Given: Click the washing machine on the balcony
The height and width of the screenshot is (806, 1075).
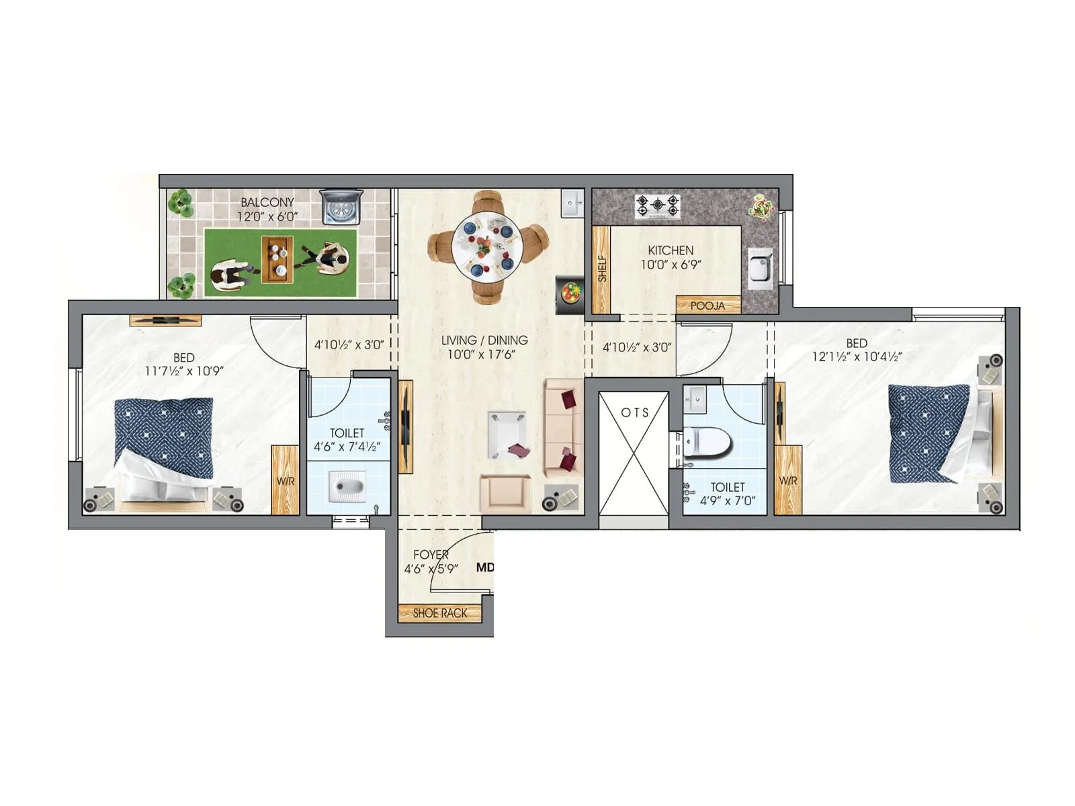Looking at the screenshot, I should pyautogui.click(x=341, y=206).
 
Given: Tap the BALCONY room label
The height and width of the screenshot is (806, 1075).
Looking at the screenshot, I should pyautogui.click(x=267, y=202).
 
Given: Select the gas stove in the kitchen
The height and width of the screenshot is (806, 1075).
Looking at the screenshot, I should pyautogui.click(x=658, y=206).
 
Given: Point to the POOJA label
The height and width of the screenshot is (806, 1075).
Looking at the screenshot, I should pyautogui.click(x=707, y=306).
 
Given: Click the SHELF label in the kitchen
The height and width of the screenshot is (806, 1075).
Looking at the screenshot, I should pyautogui.click(x=602, y=268).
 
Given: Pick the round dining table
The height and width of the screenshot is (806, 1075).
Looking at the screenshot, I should pyautogui.click(x=487, y=247).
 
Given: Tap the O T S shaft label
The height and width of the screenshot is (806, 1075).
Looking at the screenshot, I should pyautogui.click(x=634, y=412).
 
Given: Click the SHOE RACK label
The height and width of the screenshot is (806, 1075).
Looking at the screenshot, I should pyautogui.click(x=439, y=613).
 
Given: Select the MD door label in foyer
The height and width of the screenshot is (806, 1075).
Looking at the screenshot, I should pyautogui.click(x=484, y=568).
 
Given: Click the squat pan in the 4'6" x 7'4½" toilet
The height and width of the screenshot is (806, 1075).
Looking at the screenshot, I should pyautogui.click(x=347, y=486).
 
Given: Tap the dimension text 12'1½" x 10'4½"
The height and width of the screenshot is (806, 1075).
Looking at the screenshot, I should pyautogui.click(x=857, y=357).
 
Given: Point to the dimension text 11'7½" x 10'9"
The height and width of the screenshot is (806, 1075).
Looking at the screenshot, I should pyautogui.click(x=184, y=371).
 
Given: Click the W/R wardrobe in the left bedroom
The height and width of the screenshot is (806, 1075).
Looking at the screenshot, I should pyautogui.click(x=286, y=481).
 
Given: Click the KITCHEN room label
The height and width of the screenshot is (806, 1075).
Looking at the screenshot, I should pyautogui.click(x=671, y=250).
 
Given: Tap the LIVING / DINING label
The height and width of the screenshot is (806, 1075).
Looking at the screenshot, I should pyautogui.click(x=484, y=340).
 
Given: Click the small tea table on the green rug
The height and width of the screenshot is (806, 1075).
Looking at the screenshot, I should pyautogui.click(x=277, y=259).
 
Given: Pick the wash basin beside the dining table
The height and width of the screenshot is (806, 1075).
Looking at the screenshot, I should pyautogui.click(x=572, y=204).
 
